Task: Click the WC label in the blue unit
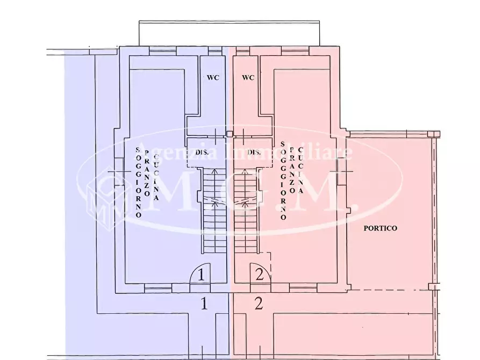(213, 77)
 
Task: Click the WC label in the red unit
(248, 77)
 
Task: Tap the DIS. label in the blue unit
(202, 153)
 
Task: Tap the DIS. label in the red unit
(254, 153)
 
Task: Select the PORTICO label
(380, 228)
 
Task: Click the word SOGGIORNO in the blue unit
(138, 182)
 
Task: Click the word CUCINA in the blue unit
(156, 177)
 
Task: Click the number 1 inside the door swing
(200, 275)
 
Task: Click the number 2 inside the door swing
(260, 275)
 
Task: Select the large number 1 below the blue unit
(204, 304)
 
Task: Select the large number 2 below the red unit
(259, 304)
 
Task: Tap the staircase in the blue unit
(214, 210)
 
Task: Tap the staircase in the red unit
(245, 210)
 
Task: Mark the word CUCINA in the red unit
(301, 172)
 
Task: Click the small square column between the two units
(230, 134)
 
